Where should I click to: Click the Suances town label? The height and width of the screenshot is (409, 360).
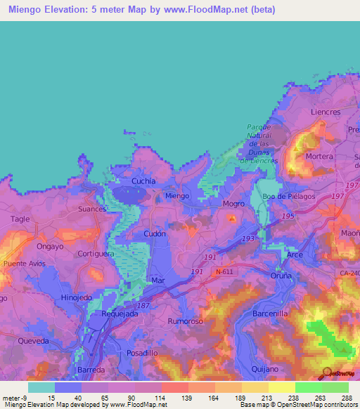point(93,209)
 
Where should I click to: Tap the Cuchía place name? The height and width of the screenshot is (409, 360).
point(143,181)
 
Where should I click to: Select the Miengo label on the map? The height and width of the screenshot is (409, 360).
point(176,196)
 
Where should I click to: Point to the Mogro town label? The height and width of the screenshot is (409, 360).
point(233,204)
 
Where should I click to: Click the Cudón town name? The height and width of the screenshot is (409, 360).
point(154,234)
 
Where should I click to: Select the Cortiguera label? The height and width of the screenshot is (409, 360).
point(96,254)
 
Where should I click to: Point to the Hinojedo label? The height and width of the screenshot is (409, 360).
point(77,297)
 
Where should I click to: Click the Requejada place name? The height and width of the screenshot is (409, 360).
point(117,314)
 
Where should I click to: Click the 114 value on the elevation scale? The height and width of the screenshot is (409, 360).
point(161,397)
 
